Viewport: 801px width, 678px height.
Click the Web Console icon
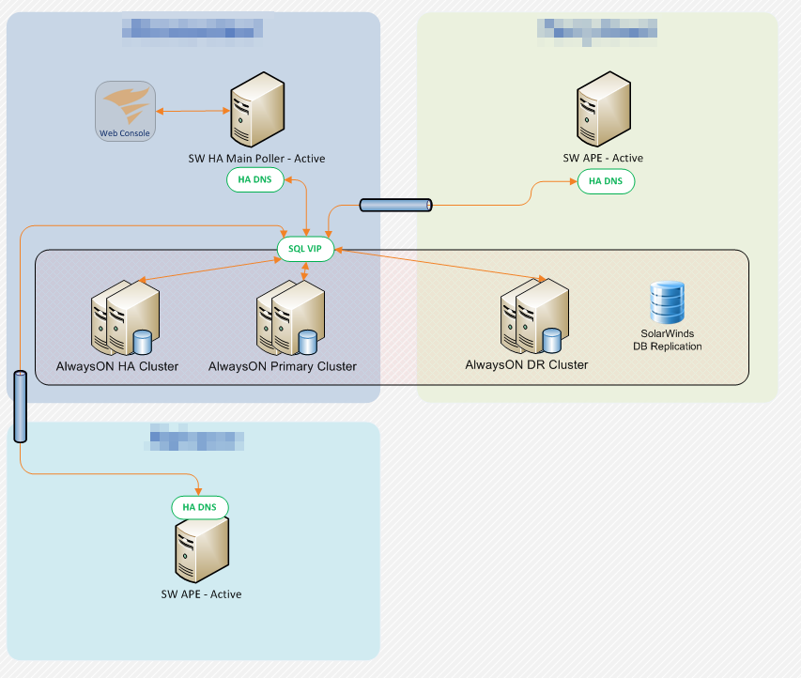pyautogui.click(x=125, y=111)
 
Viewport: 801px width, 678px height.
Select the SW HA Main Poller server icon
pyautogui.click(x=257, y=111)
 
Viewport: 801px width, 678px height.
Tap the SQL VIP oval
pyautogui.click(x=305, y=249)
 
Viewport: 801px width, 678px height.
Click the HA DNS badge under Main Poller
pyautogui.click(x=255, y=180)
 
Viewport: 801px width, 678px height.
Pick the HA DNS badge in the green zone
pyautogui.click(x=606, y=181)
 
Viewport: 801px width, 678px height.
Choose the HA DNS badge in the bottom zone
pyautogui.click(x=200, y=507)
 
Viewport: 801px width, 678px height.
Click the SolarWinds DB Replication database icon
pyautogui.click(x=667, y=302)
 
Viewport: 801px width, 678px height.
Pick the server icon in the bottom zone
pyautogui.click(x=202, y=551)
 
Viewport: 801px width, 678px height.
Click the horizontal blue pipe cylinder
pyautogui.click(x=395, y=205)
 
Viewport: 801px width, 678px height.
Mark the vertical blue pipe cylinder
pyautogui.click(x=21, y=406)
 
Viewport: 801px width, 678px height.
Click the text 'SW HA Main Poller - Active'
pyautogui.click(x=256, y=159)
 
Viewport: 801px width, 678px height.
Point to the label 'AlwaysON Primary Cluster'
pyautogui.click(x=283, y=366)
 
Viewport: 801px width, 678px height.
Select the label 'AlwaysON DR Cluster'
pyautogui.click(x=527, y=364)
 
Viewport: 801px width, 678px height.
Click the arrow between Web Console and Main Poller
pyautogui.click(x=193, y=112)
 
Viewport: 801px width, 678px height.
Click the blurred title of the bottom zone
pyautogui.click(x=197, y=439)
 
